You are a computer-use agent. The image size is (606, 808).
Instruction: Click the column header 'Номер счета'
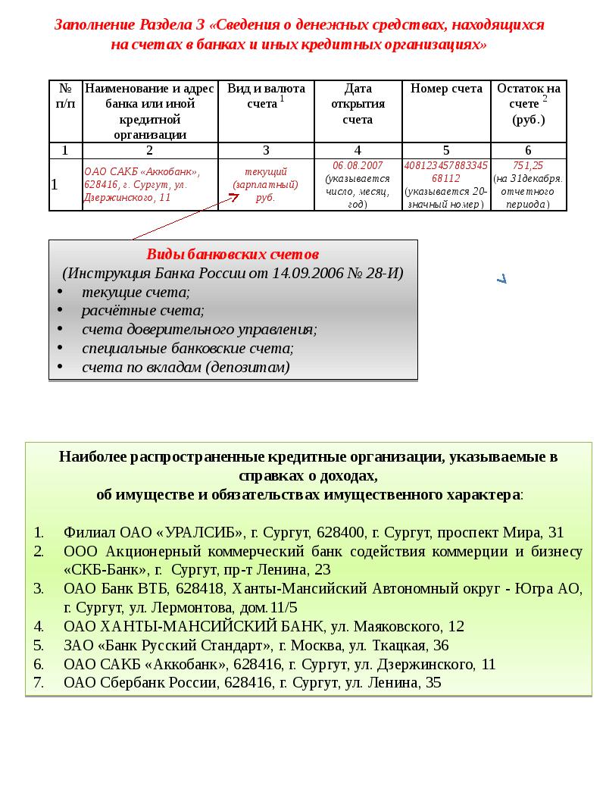pos(446,89)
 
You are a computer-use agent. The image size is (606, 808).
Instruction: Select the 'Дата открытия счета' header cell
pos(358,104)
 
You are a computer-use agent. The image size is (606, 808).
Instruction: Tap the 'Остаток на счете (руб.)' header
pos(529,104)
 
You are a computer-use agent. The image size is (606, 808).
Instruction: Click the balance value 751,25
pos(528,165)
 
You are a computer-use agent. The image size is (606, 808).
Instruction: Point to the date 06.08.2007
pos(358,165)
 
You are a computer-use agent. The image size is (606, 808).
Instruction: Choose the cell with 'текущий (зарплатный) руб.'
pos(266,184)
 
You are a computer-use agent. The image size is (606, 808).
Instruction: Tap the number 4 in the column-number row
pos(358,150)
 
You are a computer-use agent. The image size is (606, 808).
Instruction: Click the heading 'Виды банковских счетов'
pos(233,254)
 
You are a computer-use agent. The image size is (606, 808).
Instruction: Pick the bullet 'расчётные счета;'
pos(143,311)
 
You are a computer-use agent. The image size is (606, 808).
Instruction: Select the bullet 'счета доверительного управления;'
pos(199,330)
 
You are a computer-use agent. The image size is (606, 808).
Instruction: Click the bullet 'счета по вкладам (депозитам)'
pos(186,368)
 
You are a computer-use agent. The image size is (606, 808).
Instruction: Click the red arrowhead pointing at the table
pos(234,198)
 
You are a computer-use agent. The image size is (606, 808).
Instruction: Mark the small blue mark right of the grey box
pos(501,279)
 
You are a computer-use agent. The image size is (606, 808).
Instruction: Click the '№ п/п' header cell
pos(65,96)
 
